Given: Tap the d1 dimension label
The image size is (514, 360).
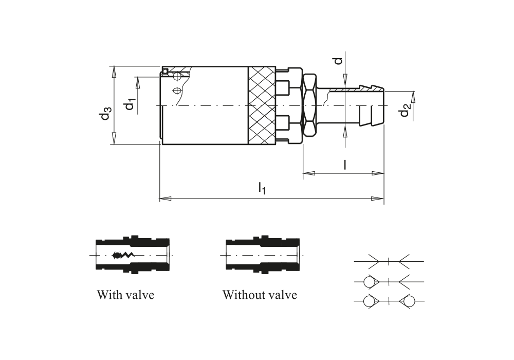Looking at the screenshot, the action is pos(130,104).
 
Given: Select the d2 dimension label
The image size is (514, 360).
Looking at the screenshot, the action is pos(405,110).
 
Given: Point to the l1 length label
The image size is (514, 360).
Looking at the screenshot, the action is pos(262,189).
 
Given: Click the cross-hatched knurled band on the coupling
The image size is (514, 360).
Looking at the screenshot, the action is pos(262,105).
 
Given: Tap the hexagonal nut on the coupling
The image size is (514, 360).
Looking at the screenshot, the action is pos(310,105).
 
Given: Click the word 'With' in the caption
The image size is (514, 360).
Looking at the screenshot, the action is pos(108,294).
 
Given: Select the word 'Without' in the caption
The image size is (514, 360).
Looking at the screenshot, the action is pos(242,294).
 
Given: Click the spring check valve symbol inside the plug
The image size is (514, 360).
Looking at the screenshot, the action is pos(123,255).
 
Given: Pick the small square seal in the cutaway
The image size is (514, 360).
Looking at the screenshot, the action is pos(165,71).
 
